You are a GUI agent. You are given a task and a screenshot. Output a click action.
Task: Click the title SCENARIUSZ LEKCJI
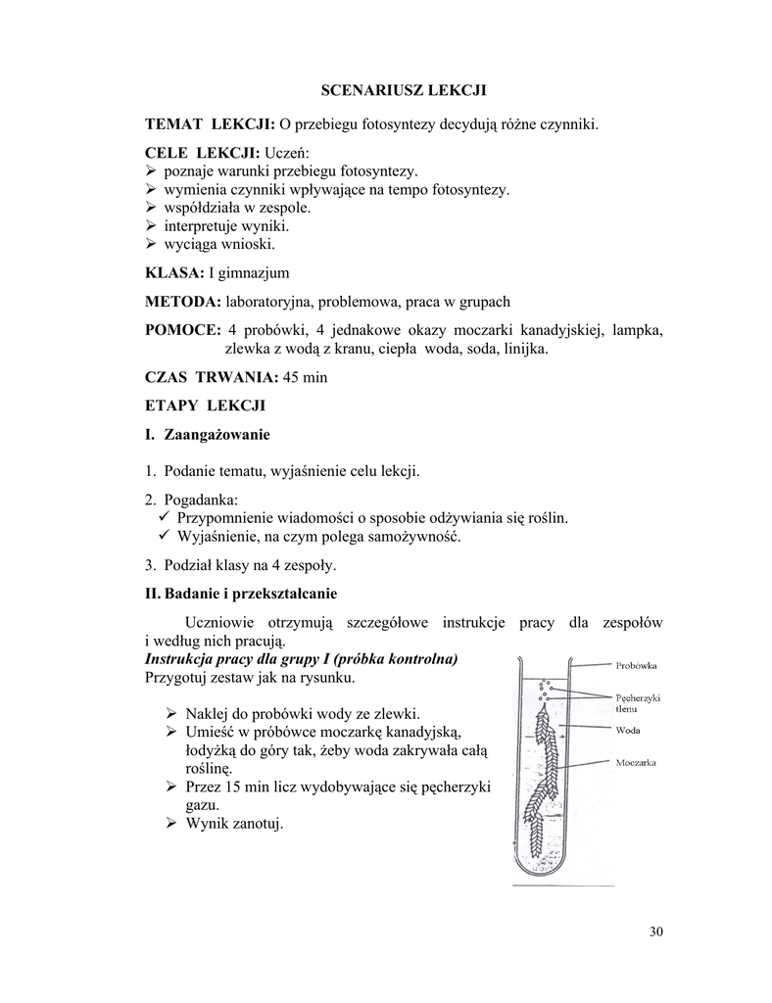(x=404, y=91)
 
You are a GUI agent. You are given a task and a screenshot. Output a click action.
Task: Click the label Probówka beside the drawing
(x=637, y=666)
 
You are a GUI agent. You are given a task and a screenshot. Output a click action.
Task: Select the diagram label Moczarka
(x=637, y=761)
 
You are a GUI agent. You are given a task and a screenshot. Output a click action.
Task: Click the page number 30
(x=655, y=931)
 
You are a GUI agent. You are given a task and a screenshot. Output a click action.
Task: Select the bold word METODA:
(x=183, y=302)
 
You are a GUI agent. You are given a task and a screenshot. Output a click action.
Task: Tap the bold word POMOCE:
(x=182, y=330)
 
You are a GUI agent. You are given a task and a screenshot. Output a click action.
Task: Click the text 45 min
(x=304, y=377)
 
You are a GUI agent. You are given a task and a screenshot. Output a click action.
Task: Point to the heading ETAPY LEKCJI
(x=205, y=405)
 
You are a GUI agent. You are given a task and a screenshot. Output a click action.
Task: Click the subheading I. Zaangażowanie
(x=207, y=434)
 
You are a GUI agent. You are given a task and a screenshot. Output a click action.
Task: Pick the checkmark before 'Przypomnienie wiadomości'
(x=165, y=517)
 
